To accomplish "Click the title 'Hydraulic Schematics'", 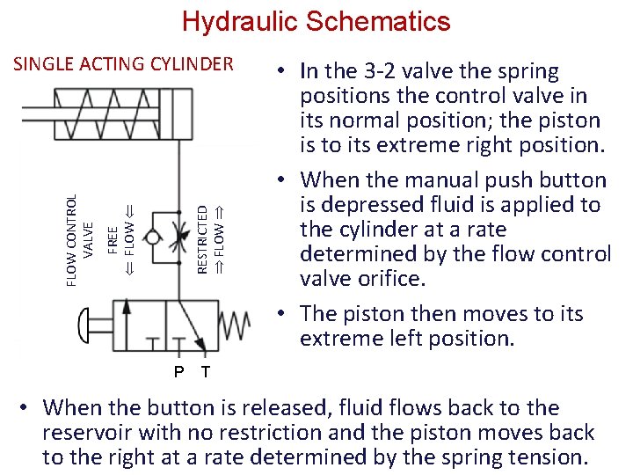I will point(316,21).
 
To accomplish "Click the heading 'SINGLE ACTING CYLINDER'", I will point(124,63).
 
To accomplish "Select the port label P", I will point(178,372).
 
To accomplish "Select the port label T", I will point(206,372).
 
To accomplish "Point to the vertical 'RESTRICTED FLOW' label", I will point(210,237).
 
